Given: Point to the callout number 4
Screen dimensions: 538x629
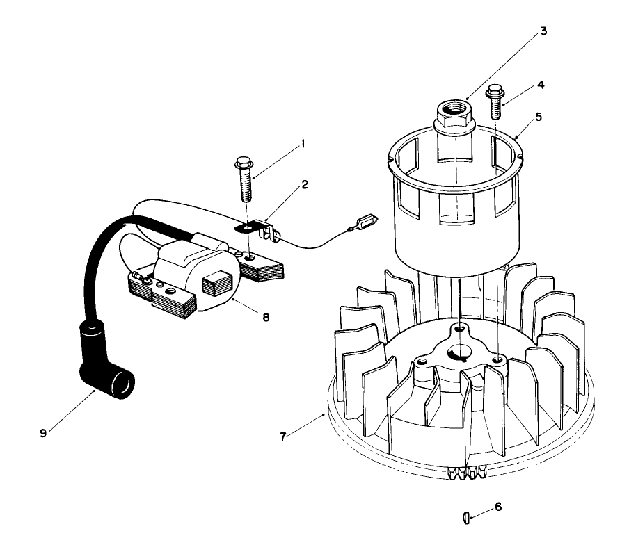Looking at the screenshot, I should [540, 85].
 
